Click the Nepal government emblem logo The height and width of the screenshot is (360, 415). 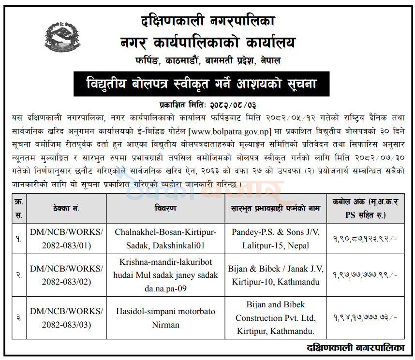(x=61, y=38)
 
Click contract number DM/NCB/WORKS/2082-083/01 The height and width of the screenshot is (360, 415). (x=67, y=239)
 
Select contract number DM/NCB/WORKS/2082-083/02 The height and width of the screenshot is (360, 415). (x=67, y=275)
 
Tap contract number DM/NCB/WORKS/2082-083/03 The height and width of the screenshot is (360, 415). (x=67, y=318)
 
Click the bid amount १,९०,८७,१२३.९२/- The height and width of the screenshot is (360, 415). (x=365, y=239)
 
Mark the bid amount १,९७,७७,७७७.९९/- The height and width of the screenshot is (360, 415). (x=365, y=275)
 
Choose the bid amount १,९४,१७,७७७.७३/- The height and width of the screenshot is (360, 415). (x=365, y=318)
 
